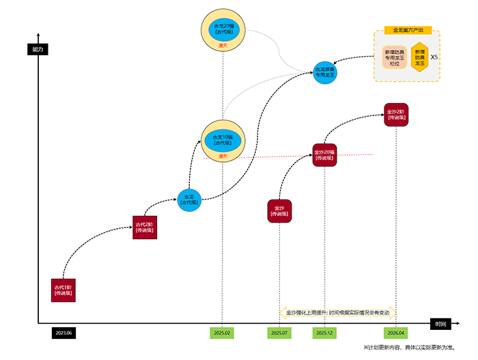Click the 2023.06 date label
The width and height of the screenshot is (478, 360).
coord(63,333)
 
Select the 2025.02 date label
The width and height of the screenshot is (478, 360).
coord(222,333)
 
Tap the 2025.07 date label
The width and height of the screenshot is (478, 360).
coord(279,333)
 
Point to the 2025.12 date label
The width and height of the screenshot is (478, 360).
coord(324,333)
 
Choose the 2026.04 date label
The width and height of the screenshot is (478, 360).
coord(396,333)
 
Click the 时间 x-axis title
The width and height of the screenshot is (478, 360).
coord(440,324)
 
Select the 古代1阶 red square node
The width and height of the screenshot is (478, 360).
coord(63,290)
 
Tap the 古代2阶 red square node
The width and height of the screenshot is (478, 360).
coord(145,226)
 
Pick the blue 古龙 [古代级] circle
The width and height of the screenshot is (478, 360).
coord(189,199)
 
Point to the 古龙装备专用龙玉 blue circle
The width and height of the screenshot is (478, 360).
coord(325,72)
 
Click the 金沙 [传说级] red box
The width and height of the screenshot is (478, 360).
coord(279,210)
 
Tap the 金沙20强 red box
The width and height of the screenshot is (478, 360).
coord(324,155)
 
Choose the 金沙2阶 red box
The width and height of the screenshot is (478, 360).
coord(396,113)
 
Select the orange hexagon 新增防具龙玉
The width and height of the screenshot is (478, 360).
coord(419,57)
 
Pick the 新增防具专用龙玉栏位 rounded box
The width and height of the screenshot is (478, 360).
coord(395,57)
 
